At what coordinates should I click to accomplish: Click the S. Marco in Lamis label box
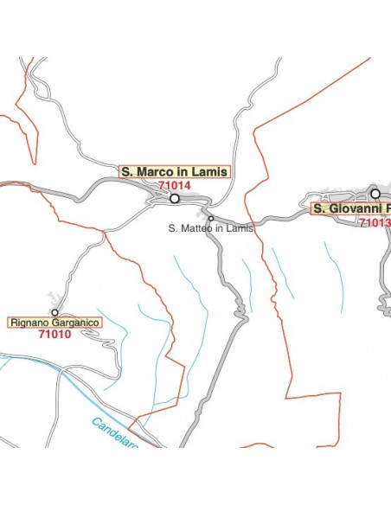174,172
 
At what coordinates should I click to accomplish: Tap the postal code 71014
175,185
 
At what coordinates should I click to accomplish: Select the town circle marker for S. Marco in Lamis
174,198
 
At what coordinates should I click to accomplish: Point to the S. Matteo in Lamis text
210,228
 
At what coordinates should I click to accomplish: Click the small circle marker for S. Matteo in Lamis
210,218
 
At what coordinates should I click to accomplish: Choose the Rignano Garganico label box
55,323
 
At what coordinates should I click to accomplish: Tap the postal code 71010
54,335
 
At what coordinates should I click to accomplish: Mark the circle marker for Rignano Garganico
54,312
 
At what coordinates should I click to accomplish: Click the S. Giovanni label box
351,208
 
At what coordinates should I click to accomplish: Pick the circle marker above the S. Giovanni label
375,194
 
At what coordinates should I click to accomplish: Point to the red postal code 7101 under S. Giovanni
375,222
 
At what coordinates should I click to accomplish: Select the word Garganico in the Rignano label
75,323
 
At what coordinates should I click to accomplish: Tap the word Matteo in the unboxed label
198,228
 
